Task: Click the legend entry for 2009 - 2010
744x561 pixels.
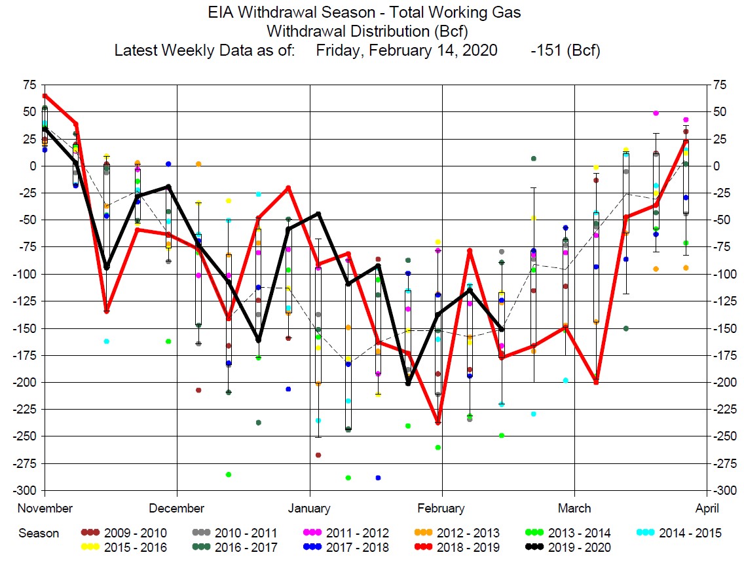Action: point(124,533)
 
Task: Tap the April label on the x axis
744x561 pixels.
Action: point(707,508)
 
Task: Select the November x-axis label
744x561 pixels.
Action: point(45,508)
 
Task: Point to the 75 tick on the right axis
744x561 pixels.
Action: point(720,85)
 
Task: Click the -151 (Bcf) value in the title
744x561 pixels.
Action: point(566,50)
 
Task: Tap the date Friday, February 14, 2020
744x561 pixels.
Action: point(406,50)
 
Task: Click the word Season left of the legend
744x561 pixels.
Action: point(39,533)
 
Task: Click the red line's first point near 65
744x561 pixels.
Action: point(44,96)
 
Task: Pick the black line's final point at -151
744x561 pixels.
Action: point(502,329)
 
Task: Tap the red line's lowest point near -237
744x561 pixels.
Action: point(438,423)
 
